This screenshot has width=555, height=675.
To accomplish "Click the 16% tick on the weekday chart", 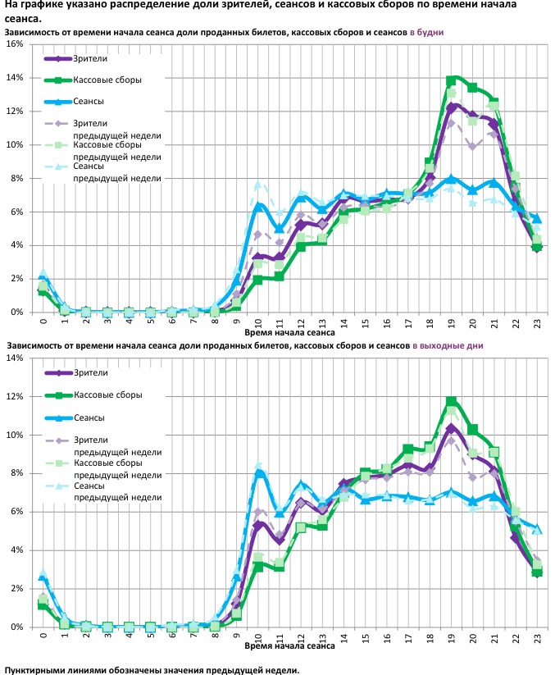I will click(16, 43).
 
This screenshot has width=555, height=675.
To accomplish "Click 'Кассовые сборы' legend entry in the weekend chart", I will click(108, 395).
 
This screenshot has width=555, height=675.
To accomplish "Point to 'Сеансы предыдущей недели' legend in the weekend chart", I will click(116, 491).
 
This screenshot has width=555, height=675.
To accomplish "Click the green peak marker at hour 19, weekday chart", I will click(451, 80).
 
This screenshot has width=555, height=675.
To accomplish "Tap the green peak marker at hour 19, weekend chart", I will click(451, 402).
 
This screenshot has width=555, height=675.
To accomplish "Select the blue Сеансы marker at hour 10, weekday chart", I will click(257, 207).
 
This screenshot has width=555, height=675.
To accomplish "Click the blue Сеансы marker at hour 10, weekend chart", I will click(257, 474).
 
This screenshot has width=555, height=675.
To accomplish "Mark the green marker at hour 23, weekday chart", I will click(536, 247).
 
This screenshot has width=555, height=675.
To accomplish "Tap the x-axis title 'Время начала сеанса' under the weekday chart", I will click(289, 334).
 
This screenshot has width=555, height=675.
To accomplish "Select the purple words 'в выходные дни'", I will click(447, 346).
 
